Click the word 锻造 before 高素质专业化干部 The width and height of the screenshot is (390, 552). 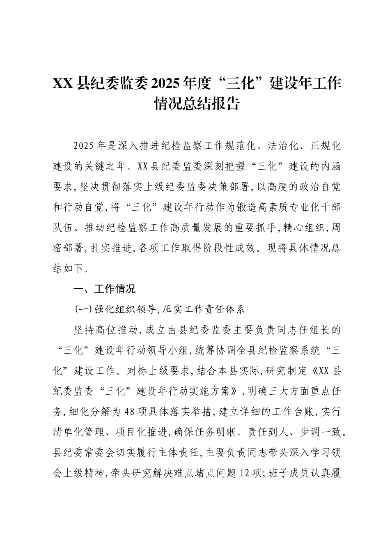click(x=245, y=207)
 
